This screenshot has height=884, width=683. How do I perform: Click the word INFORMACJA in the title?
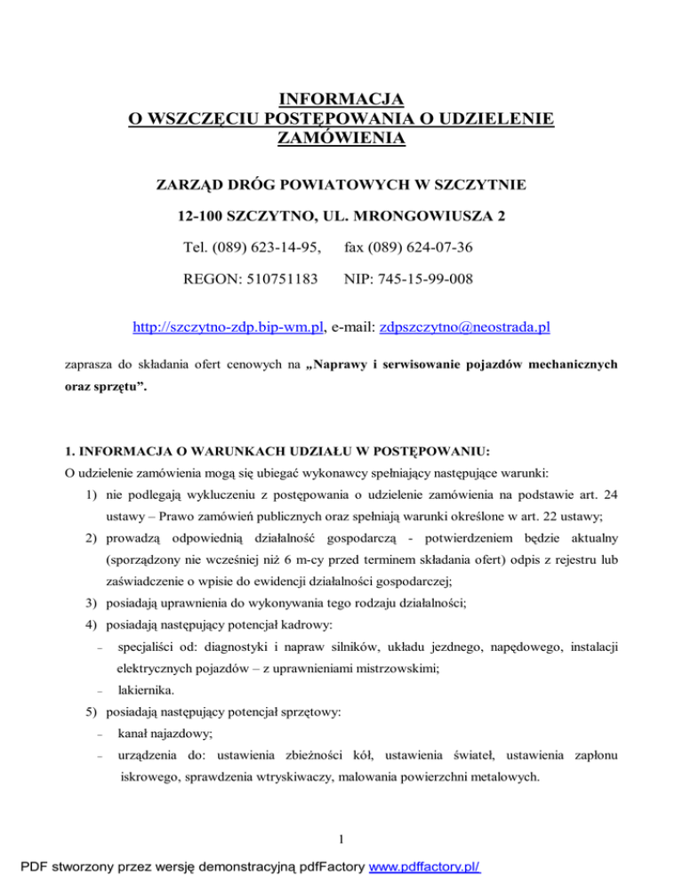(341, 98)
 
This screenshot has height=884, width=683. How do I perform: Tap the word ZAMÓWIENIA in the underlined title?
(341, 138)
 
